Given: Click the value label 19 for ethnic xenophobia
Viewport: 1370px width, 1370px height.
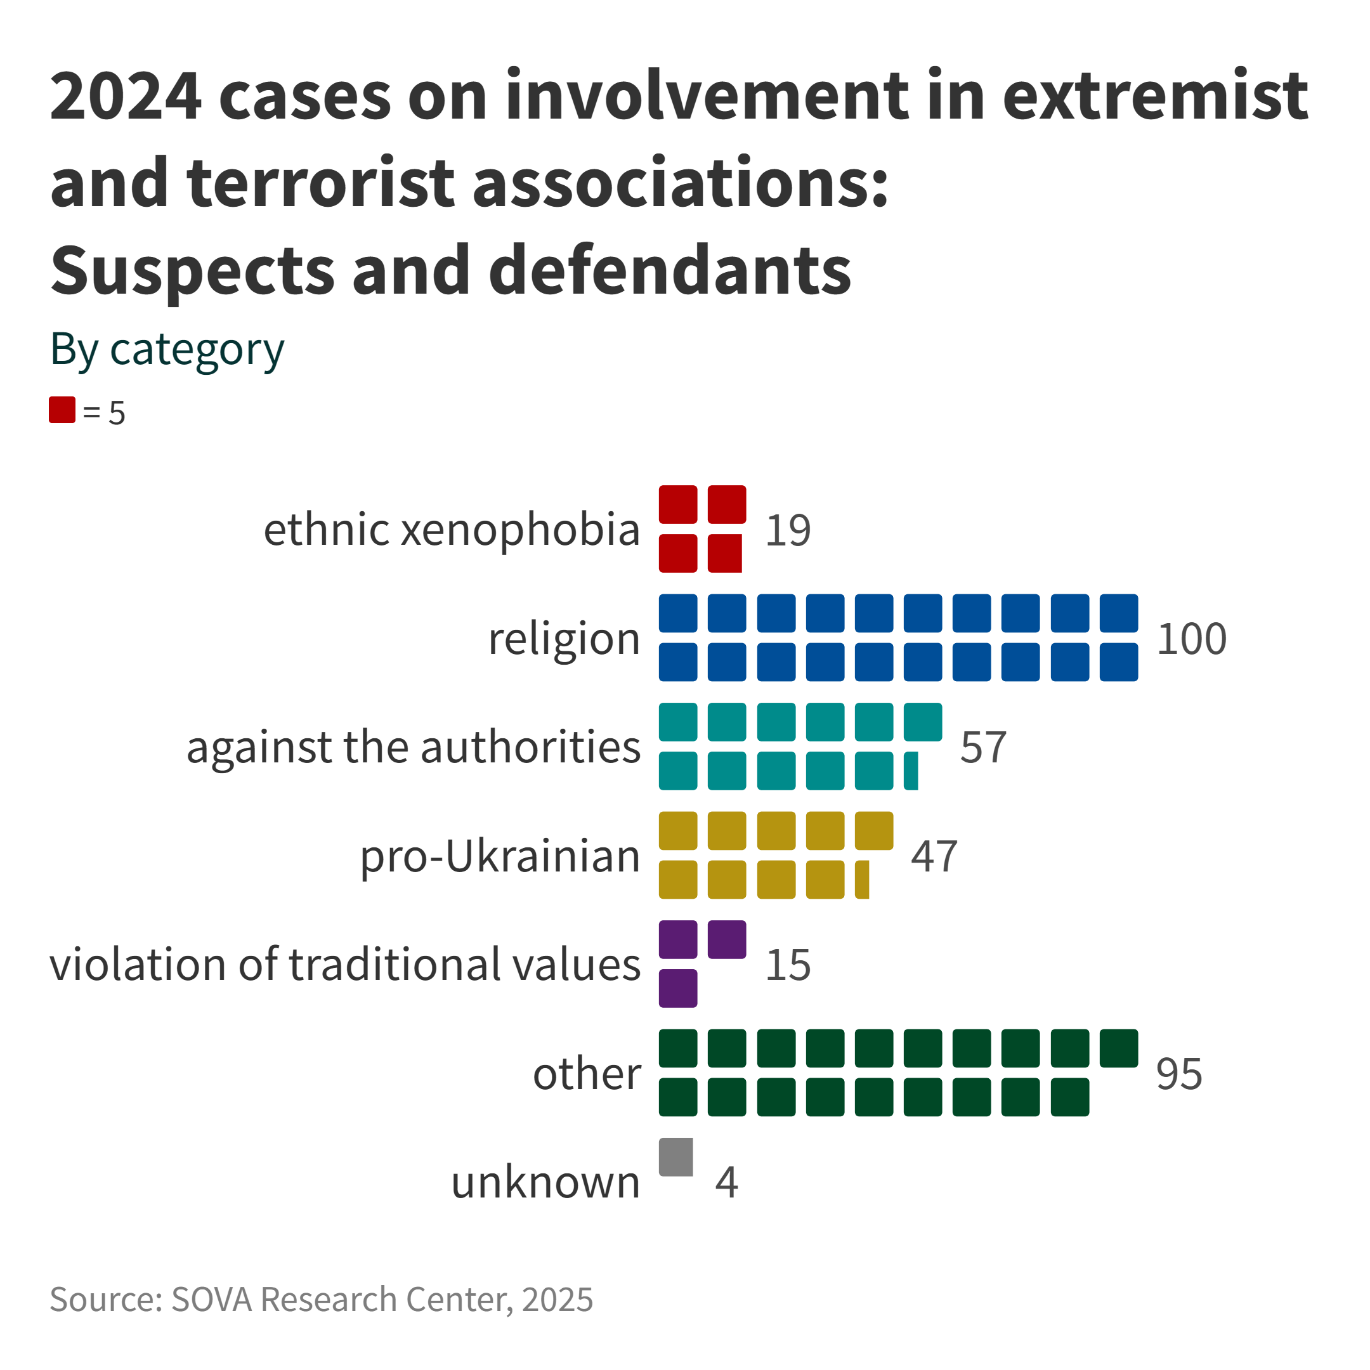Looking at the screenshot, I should [788, 530].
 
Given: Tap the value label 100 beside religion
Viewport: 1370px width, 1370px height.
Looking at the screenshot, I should [1191, 638].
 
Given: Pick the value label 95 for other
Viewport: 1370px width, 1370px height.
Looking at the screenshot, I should [1178, 1074].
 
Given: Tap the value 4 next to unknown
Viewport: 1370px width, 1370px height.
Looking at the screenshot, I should [726, 1182].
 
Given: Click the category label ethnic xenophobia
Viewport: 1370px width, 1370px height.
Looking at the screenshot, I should [452, 530].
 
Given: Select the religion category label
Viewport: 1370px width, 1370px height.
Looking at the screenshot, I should [564, 638].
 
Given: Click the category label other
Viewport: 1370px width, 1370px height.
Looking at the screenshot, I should [587, 1074].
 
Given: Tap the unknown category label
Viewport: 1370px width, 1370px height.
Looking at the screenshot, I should [545, 1182].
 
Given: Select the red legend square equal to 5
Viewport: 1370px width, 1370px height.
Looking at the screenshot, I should [62, 410].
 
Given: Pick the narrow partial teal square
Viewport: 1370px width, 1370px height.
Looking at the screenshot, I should [911, 771].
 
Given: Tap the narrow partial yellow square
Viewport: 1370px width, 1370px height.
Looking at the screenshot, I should [861, 879].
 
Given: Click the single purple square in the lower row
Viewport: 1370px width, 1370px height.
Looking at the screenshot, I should [678, 988].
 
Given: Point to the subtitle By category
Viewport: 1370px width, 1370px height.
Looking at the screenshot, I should [167, 349].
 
